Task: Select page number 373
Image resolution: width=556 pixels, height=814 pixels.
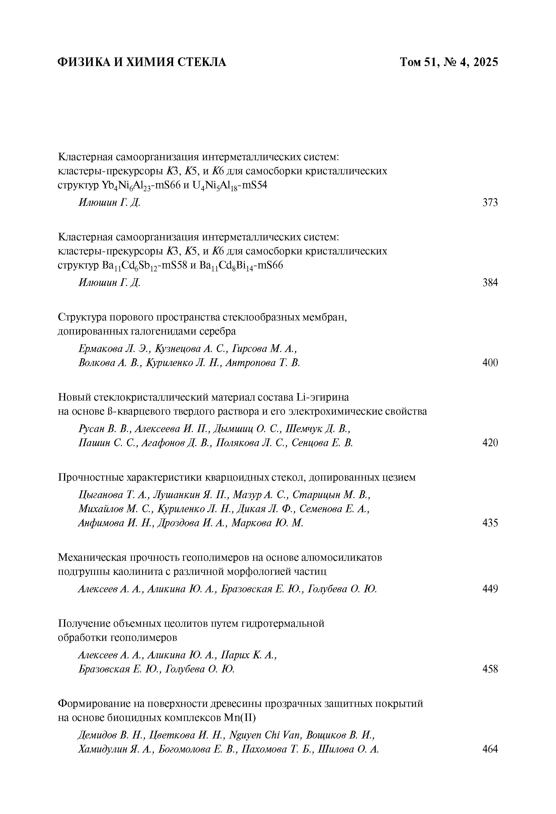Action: [x=490, y=202]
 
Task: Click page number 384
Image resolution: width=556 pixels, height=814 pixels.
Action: [x=490, y=282]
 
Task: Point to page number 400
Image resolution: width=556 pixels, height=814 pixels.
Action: [x=490, y=363]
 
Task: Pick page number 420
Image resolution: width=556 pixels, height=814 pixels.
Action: [x=490, y=443]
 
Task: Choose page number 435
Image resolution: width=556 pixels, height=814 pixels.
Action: [x=490, y=523]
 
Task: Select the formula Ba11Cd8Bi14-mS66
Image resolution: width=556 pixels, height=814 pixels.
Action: [x=241, y=266]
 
